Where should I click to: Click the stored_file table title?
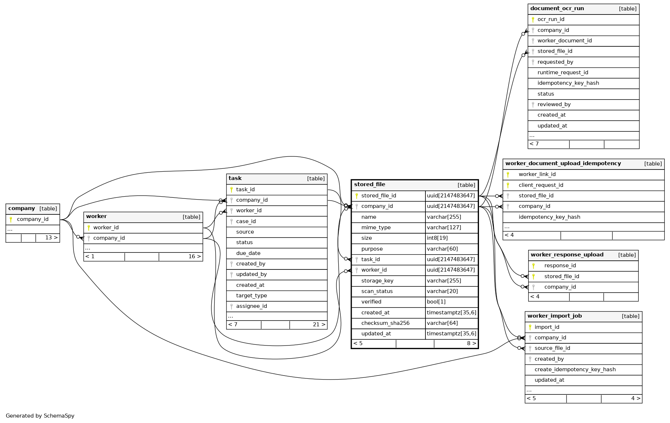pos(369,184)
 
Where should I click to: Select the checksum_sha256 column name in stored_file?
pos(385,323)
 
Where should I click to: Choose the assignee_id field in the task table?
pos(251,306)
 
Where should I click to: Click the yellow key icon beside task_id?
pos(232,189)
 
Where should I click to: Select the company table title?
pos(22,208)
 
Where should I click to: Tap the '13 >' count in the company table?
pos(51,238)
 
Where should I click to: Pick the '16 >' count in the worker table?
pos(195,256)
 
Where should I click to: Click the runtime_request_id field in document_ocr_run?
pos(563,72)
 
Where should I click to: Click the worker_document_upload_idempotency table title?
pos(563,163)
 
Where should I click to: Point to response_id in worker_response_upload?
pos(560,265)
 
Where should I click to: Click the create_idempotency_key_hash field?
pos(575,369)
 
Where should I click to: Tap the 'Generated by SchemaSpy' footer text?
pos(40,416)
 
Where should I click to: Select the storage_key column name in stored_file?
pos(377,281)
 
